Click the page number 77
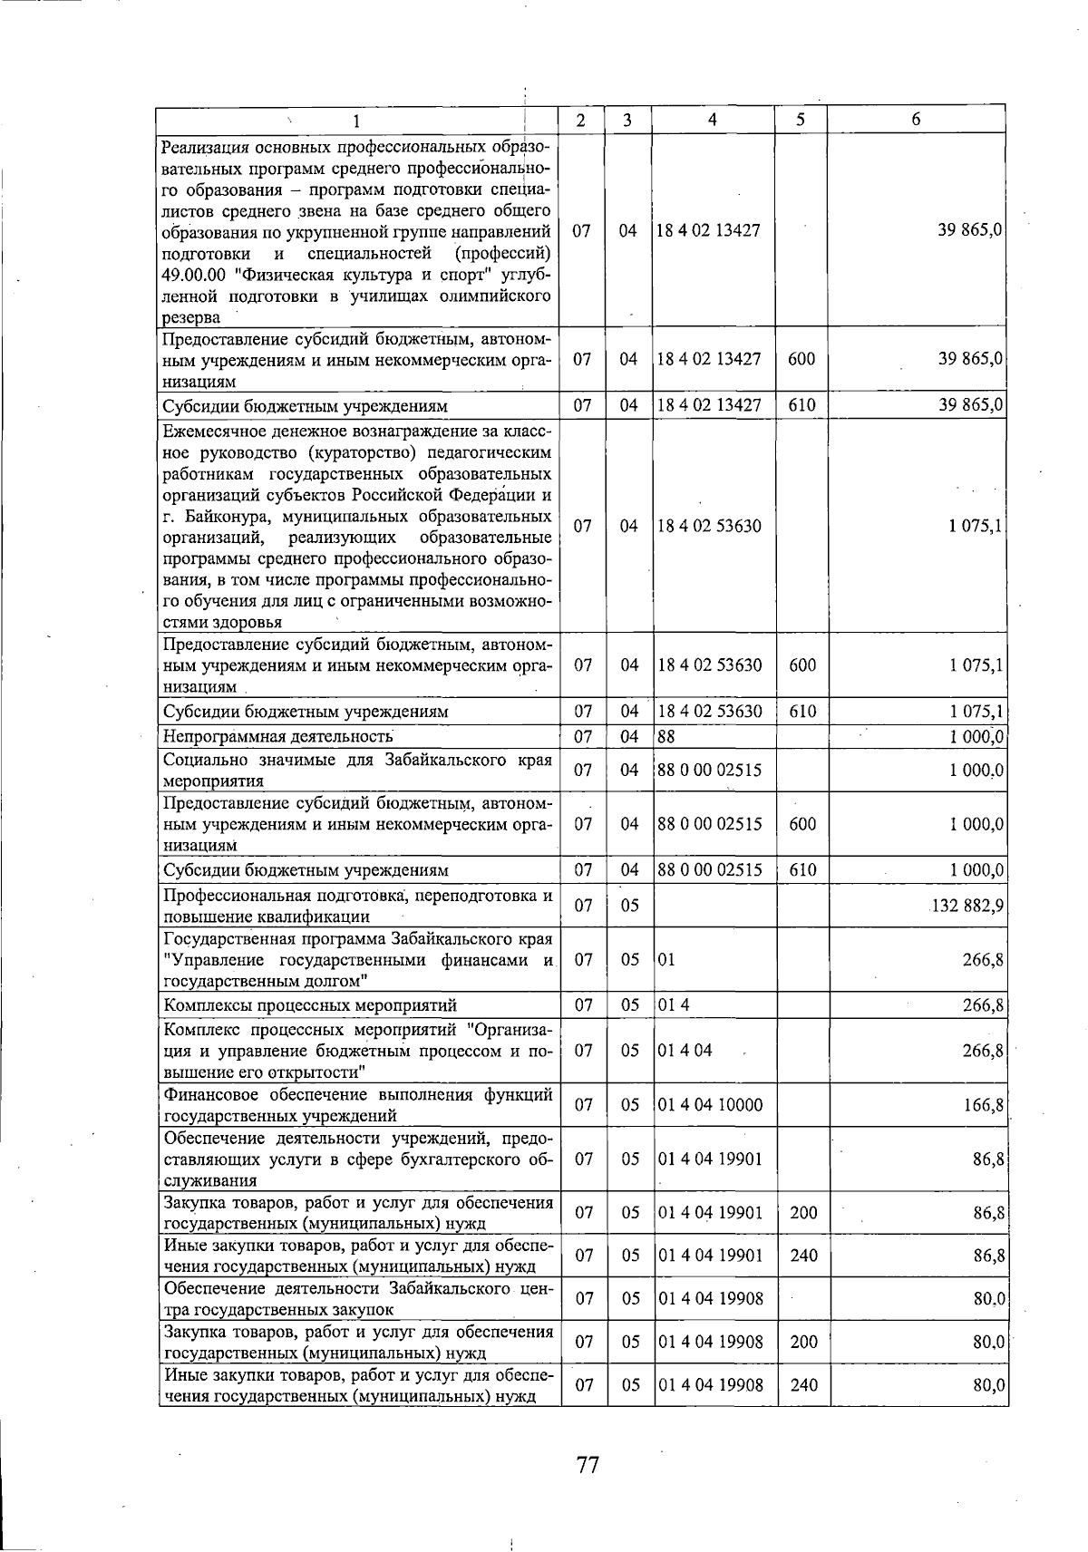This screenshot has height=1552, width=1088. coord(588,1464)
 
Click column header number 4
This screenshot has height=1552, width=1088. coord(713,120)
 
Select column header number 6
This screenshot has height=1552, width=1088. coord(916,120)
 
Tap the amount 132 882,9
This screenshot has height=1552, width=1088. coord(967,906)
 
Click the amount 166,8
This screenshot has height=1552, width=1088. coord(983,1105)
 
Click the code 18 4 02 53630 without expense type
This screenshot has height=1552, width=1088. coord(709,527)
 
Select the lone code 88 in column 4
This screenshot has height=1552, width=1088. coord(666,736)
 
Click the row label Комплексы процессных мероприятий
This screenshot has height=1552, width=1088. coord(309,1005)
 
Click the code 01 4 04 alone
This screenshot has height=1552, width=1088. coord(685,1051)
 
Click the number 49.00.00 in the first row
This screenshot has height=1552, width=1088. coord(193,275)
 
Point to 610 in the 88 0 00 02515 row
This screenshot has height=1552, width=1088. coord(801,870)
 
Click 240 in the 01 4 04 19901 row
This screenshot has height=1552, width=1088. coord(803,1256)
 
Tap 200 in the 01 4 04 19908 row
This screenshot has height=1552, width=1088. coord(803,1342)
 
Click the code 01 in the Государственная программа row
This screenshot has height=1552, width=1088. coord(666,960)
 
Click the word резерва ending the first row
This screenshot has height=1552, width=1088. coord(191,317)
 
